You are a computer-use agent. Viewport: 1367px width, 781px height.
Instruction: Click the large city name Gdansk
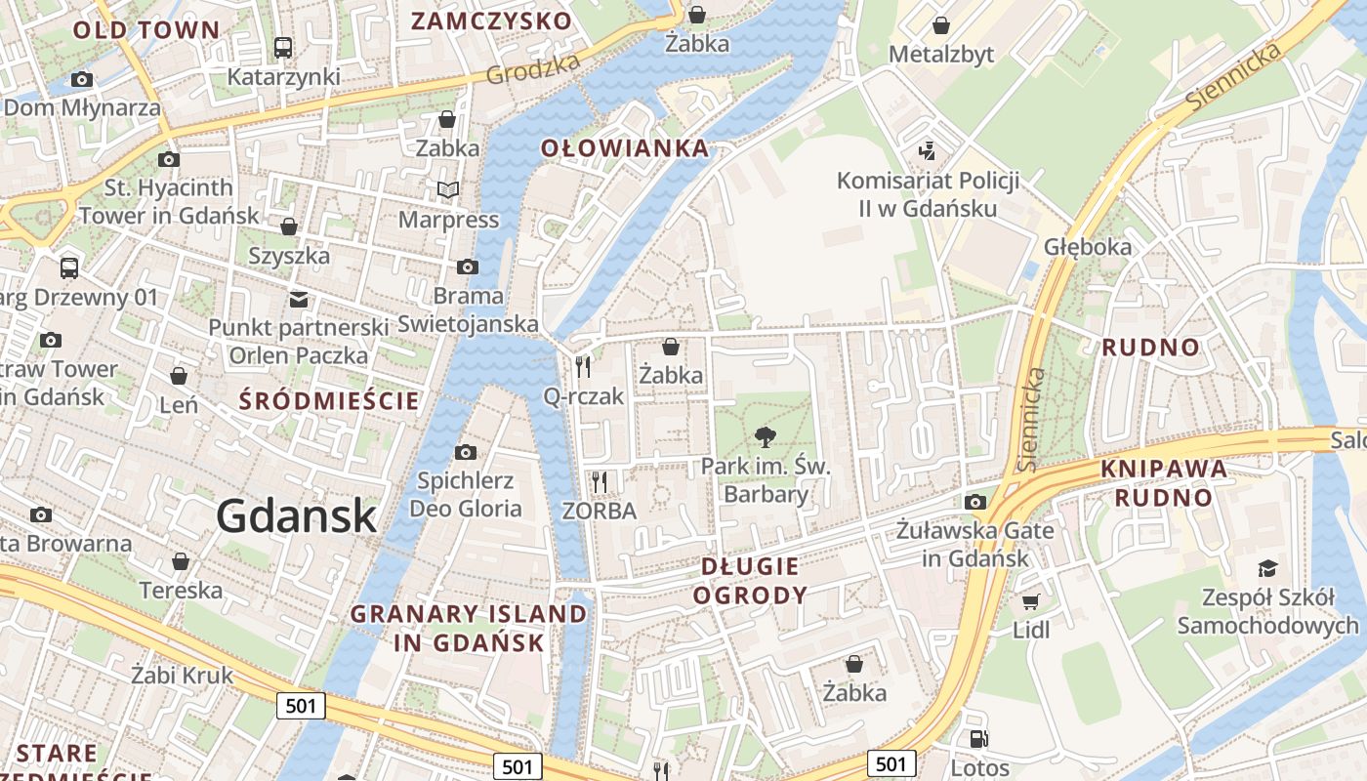tap(296, 515)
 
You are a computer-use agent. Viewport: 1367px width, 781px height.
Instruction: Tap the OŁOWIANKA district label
tap(625, 148)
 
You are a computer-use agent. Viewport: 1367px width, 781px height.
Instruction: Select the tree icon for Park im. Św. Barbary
tap(766, 436)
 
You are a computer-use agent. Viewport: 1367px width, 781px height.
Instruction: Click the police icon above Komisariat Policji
tap(927, 151)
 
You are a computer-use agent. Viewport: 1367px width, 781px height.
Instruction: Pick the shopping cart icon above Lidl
tap(1030, 600)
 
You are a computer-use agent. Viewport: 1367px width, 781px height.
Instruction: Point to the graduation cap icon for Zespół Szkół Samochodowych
tap(1266, 568)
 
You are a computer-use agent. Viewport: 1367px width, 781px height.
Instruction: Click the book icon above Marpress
tap(448, 189)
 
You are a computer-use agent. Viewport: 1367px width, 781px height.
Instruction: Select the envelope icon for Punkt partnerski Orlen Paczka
tap(298, 299)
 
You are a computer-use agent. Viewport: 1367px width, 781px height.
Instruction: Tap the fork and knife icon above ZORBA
tap(600, 481)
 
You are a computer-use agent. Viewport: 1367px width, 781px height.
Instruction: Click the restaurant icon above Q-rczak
tap(583, 366)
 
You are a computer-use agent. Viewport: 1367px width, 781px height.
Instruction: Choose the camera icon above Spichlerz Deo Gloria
tap(466, 452)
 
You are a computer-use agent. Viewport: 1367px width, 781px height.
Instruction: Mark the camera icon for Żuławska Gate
tap(974, 502)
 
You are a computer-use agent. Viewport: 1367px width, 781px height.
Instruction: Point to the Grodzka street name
tap(532, 68)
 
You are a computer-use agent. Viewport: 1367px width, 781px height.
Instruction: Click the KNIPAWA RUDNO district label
tap(1164, 482)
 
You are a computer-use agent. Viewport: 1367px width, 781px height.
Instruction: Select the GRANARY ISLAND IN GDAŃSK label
tap(469, 628)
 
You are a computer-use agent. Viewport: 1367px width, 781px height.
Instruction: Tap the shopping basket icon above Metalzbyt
tap(941, 25)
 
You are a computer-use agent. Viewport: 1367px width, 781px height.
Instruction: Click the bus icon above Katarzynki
tap(283, 47)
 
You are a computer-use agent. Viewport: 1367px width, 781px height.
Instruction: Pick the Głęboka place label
tap(1088, 246)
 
